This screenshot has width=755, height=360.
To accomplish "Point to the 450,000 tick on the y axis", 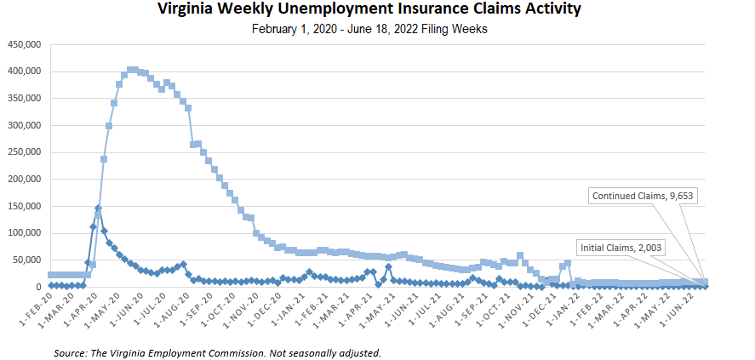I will pyautogui.click(x=23, y=44).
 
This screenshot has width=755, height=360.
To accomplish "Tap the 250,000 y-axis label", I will pyautogui.click(x=23, y=152).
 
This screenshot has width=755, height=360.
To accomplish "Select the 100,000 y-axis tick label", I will pyautogui.click(x=23, y=233).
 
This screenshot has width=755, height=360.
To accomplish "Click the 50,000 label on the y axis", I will pyautogui.click(x=26, y=260).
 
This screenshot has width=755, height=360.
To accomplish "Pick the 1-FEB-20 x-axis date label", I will pyautogui.click(x=35, y=314).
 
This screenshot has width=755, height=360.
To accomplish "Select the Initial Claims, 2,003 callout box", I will pyautogui.click(x=621, y=247).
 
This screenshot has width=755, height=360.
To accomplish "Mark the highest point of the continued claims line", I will pyautogui.click(x=132, y=70).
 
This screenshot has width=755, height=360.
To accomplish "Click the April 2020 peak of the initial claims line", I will pyautogui.click(x=98, y=208).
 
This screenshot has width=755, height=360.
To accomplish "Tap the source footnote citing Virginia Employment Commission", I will pyautogui.click(x=216, y=351).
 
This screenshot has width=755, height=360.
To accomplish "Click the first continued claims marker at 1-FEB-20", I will pyautogui.click(x=51, y=275).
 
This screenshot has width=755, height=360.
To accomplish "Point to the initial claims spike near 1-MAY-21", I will pyautogui.click(x=388, y=267).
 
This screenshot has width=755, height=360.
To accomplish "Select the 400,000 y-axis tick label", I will pyautogui.click(x=23, y=71).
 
